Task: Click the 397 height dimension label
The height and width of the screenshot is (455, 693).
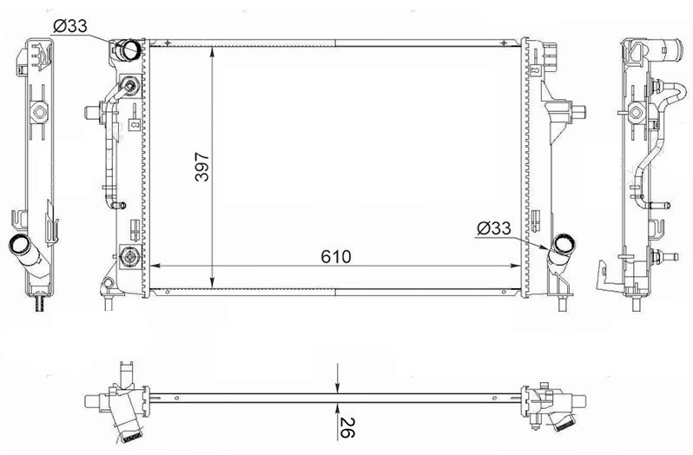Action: [202, 167]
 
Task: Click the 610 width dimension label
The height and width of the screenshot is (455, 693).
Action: [336, 257]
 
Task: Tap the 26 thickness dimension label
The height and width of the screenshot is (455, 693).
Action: [347, 427]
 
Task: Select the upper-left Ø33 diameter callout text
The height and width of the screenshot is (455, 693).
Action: [69, 27]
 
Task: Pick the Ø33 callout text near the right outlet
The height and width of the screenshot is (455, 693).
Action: [493, 228]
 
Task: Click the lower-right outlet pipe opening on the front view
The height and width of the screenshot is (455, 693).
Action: [564, 244]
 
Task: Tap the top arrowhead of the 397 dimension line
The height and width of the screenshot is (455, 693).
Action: [213, 52]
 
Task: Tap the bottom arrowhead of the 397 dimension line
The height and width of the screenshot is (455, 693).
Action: [213, 282]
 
